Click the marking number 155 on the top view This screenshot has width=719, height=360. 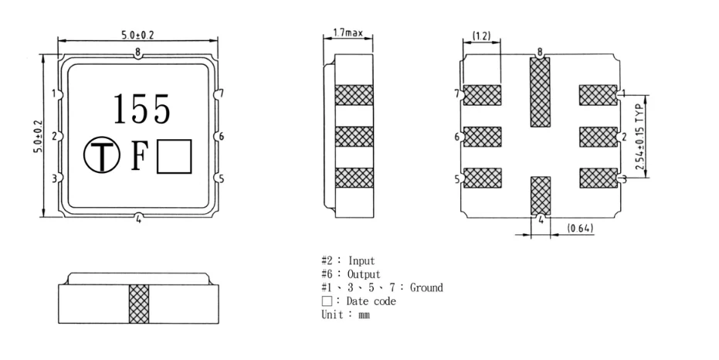(x=142, y=110)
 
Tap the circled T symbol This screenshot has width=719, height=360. (x=100, y=157)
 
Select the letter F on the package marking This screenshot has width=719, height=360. (x=139, y=157)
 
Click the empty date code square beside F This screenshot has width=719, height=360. (x=174, y=157)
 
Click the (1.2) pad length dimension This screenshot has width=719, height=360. (x=481, y=36)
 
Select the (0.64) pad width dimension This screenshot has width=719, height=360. (x=580, y=229)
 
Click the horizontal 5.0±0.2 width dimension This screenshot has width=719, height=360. (x=136, y=36)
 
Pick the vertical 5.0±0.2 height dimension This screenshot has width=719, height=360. (x=37, y=136)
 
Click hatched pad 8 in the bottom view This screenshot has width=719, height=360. (x=540, y=92)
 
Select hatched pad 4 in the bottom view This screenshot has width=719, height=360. (x=541, y=195)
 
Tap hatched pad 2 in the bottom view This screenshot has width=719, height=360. (x=598, y=137)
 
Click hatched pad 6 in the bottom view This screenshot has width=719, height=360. (x=483, y=137)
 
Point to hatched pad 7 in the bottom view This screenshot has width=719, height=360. (x=483, y=95)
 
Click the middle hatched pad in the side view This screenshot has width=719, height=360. (x=353, y=137)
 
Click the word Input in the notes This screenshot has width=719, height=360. (x=363, y=261)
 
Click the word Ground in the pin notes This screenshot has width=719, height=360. (x=426, y=287)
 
